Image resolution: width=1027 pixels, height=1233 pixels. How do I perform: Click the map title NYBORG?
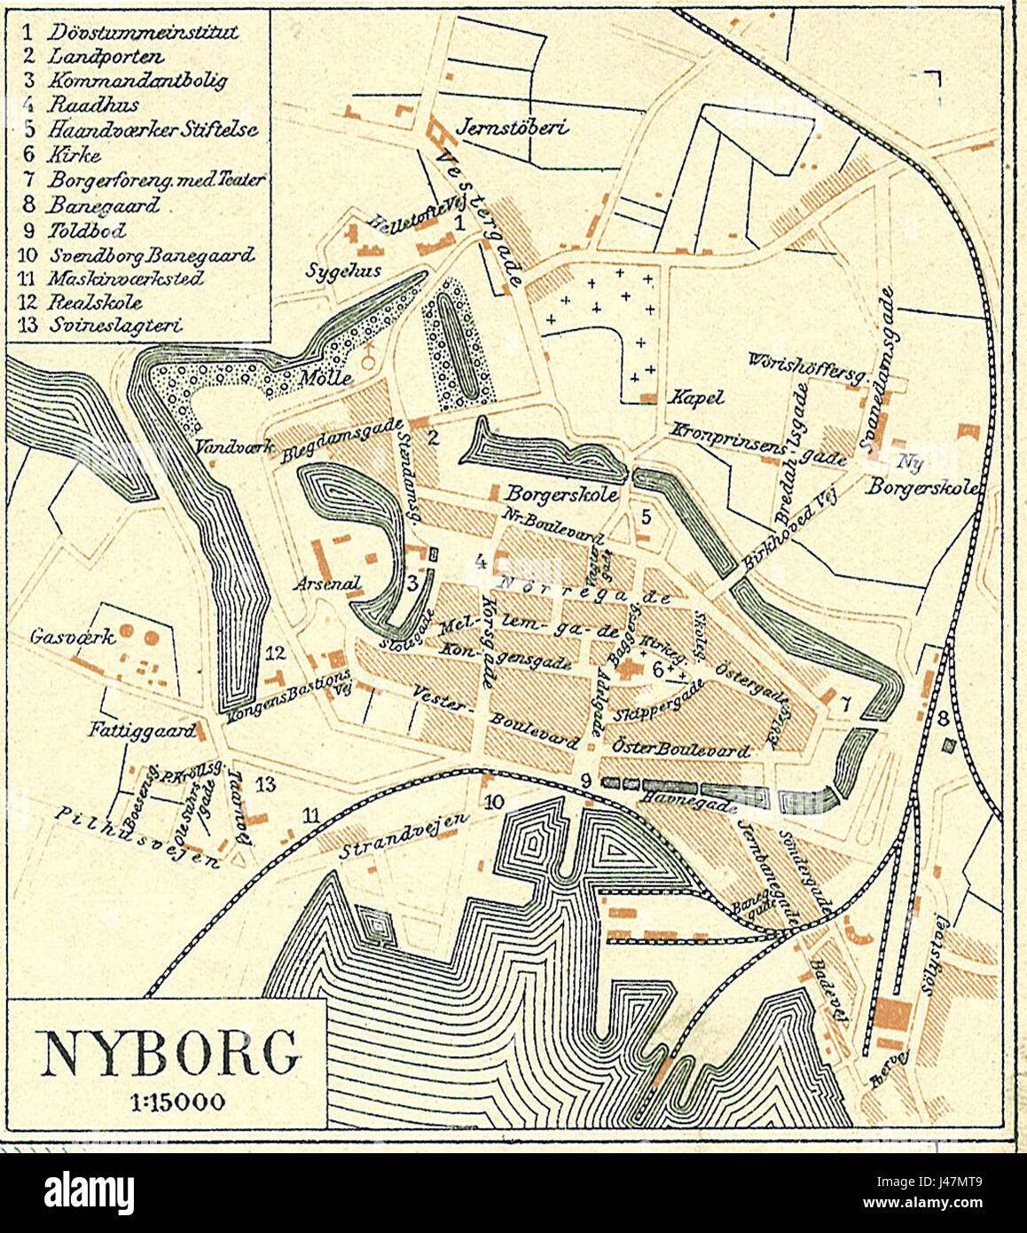pyautogui.click(x=168, y=1052)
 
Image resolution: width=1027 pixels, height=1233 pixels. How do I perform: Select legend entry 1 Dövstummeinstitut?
pyautogui.click(x=131, y=32)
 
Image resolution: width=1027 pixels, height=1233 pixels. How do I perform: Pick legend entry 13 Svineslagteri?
pyautogui.click(x=101, y=326)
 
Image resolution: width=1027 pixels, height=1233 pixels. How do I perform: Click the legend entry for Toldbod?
pyautogui.click(x=75, y=231)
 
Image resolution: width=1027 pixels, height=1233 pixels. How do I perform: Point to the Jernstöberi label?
pyautogui.click(x=511, y=127)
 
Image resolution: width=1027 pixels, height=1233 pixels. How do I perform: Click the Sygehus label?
pyautogui.click(x=343, y=271)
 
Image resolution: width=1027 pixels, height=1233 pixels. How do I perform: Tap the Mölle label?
pyautogui.click(x=325, y=378)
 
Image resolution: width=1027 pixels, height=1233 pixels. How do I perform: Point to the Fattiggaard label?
pyautogui.click(x=141, y=732)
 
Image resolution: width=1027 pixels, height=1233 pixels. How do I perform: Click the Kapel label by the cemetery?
pyautogui.click(x=698, y=397)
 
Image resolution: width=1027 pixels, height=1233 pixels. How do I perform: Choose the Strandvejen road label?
pyautogui.click(x=403, y=837)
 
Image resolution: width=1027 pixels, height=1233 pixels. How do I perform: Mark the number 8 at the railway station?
pyautogui.click(x=943, y=718)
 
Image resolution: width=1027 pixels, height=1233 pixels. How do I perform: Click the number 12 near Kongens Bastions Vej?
pyautogui.click(x=276, y=654)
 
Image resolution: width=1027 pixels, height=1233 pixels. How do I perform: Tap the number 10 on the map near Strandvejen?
pyautogui.click(x=494, y=802)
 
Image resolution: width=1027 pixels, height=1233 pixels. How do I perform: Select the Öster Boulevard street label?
pyautogui.click(x=680, y=750)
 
